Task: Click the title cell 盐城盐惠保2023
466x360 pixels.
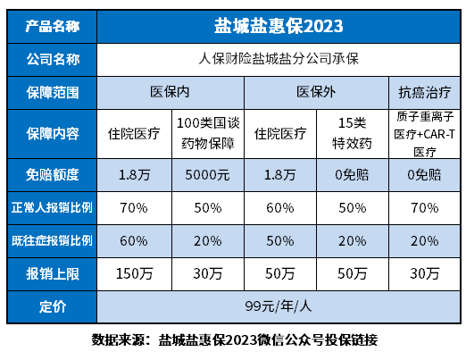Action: pyautogui.click(x=279, y=28)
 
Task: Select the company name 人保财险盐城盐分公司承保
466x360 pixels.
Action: pyautogui.click(x=279, y=60)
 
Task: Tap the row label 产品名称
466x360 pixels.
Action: pyautogui.click(x=49, y=28)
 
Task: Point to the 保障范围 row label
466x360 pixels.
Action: pyautogui.click(x=49, y=91)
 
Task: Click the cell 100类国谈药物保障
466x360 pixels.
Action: pyautogui.click(x=207, y=131)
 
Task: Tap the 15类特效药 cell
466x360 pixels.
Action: pyautogui.click(x=351, y=131)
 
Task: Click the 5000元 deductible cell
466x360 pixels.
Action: pyautogui.click(x=207, y=172)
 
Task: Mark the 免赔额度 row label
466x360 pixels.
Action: pyautogui.click(x=49, y=172)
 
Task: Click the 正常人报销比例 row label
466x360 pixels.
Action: pyautogui.click(x=49, y=208)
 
